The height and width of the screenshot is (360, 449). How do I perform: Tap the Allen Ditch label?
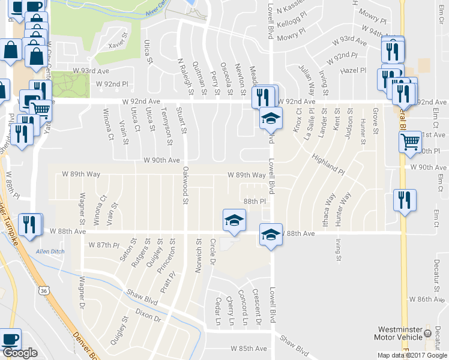coord(50,251)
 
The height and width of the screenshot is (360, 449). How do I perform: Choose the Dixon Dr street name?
coord(148,316)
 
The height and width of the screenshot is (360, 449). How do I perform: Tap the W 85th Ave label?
coord(249,349)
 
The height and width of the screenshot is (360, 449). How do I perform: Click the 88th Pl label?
coord(255,202)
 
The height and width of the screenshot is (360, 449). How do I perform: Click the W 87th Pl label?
coord(104,245)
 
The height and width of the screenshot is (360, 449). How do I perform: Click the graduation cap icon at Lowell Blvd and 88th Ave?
coord(271,235)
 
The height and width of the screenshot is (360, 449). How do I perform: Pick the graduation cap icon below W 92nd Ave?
coord(271,118)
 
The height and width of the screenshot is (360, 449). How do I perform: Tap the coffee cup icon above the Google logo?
coord(10,339)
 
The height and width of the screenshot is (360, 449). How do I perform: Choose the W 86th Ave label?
coord(427,298)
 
